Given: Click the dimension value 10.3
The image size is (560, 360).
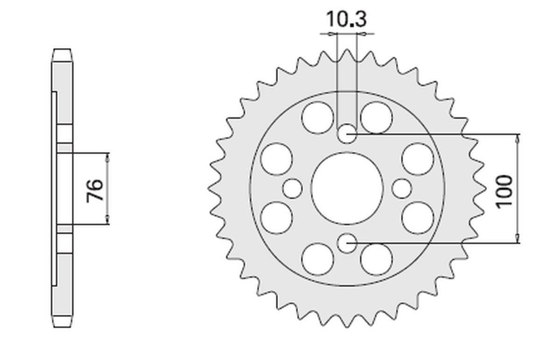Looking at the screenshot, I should pyautogui.click(x=346, y=20).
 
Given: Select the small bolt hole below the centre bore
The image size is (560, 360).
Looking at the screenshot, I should pyautogui.click(x=347, y=243).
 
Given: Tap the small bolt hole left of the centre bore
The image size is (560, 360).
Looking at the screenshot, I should pyautogui.click(x=293, y=189).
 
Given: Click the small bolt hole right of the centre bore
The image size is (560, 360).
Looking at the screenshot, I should pyautogui.click(x=401, y=189).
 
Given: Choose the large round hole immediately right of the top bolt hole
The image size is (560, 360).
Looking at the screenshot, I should pyautogui.click(x=376, y=117).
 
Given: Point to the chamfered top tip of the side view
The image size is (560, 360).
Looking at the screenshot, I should pyautogui.click(x=62, y=51).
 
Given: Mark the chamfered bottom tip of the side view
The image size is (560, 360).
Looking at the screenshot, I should pyautogui.click(x=62, y=324).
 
